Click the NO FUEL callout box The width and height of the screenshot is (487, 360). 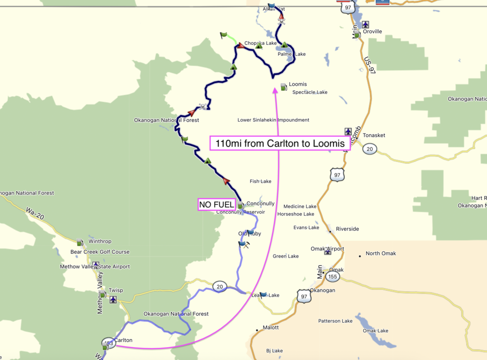[x=217, y=205]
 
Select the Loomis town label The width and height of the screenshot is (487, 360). [x=297, y=84]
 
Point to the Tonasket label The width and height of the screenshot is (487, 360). [x=374, y=135]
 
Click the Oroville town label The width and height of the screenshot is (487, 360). [x=372, y=32]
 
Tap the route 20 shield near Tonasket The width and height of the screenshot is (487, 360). [x=370, y=149]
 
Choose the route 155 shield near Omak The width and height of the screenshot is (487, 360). [x=332, y=277]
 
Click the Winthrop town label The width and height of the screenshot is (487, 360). [x=100, y=241]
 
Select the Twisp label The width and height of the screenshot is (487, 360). [x=115, y=290]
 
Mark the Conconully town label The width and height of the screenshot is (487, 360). [x=260, y=204]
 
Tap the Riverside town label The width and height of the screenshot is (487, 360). [x=347, y=229]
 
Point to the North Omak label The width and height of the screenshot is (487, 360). [x=381, y=253]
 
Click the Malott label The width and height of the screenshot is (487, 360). [x=270, y=327]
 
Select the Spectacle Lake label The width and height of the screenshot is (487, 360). [x=310, y=92]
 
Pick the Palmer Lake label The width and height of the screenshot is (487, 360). [x=291, y=54]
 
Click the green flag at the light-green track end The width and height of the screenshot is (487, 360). [x=223, y=35]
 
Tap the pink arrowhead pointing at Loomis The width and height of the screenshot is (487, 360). [x=275, y=89]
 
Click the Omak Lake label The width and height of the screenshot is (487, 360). [x=375, y=331]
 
